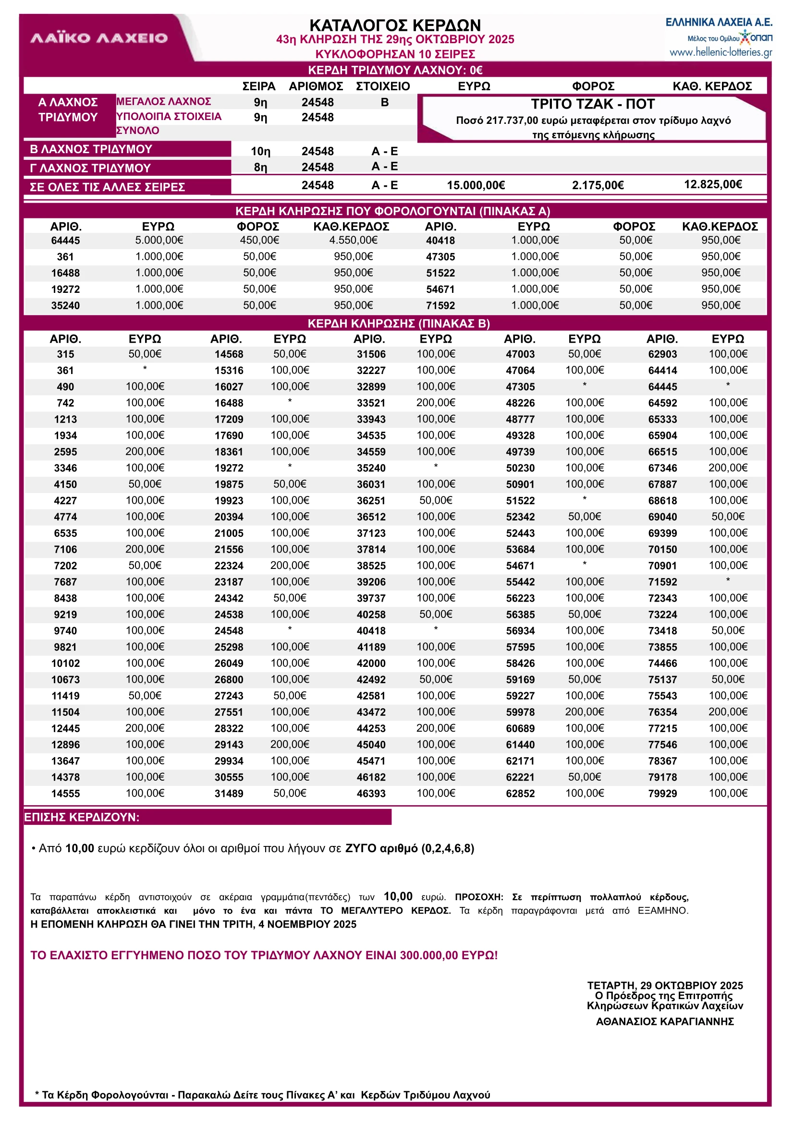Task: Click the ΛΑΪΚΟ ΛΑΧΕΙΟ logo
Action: point(99,38)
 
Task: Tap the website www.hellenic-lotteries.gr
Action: point(721,52)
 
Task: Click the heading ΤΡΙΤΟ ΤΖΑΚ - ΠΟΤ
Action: point(593,104)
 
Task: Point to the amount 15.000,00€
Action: point(476,185)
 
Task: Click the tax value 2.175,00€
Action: point(598,185)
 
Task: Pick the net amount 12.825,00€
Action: point(713,184)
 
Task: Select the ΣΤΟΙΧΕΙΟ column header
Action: point(383,86)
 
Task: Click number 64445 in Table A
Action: point(65,241)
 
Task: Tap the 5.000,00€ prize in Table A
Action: point(159,240)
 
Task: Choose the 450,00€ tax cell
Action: point(259,240)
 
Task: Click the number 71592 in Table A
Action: point(440,305)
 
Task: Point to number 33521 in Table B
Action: point(371,403)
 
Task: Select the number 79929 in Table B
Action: point(662,794)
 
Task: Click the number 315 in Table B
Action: point(65,354)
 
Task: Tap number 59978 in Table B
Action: point(520,712)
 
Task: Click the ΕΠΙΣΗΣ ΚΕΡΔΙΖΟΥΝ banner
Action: point(208,817)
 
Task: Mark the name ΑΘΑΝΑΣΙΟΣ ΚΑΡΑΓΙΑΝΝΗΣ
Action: point(664,1021)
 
